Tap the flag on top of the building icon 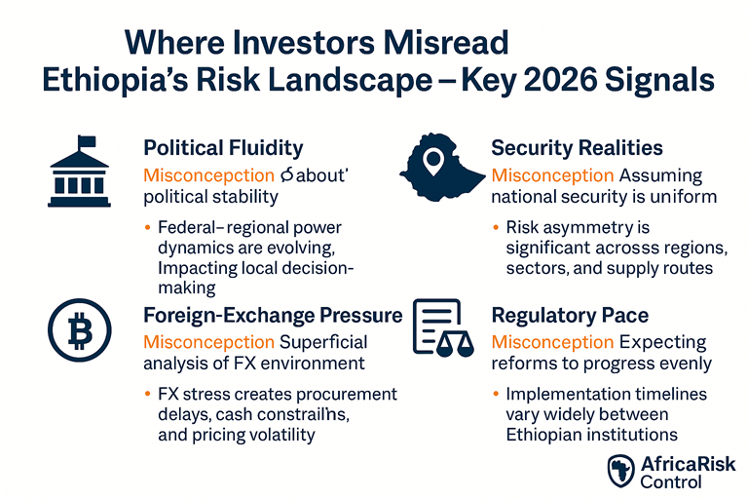click(x=86, y=143)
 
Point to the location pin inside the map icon click(x=435, y=161)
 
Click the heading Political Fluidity click(x=223, y=148)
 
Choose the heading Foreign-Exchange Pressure click(x=273, y=315)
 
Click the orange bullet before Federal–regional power click(x=147, y=228)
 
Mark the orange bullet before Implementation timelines click(x=495, y=395)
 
